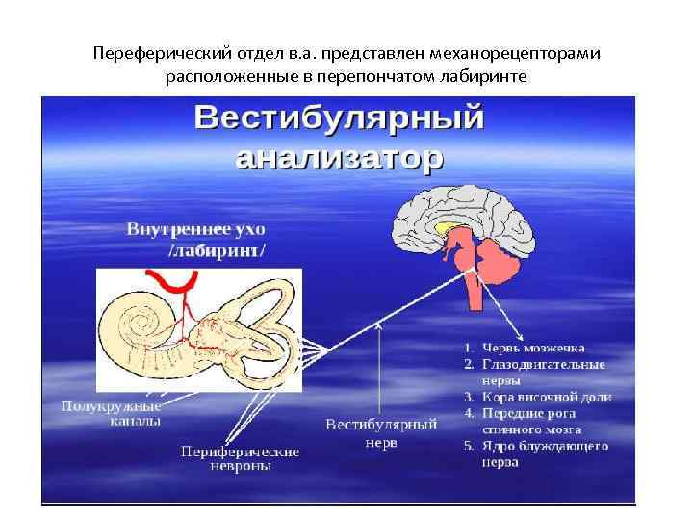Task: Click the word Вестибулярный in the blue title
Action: click(x=340, y=119)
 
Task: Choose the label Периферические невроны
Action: click(x=240, y=458)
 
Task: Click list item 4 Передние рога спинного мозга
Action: click(x=545, y=421)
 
